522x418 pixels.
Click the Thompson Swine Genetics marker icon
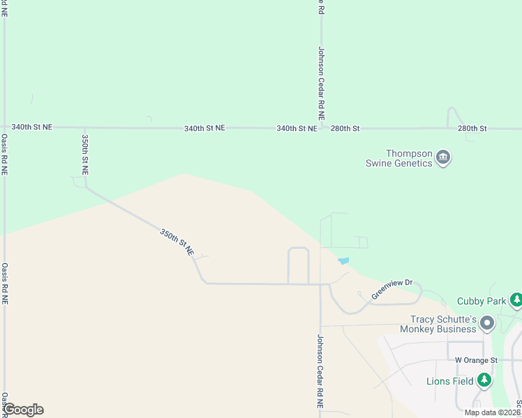click(x=443, y=158)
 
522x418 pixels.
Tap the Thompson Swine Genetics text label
click(x=410, y=158)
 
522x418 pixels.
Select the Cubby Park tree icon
click(x=516, y=300)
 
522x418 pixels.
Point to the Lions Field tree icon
click(x=484, y=380)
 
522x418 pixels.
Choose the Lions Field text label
click(x=450, y=381)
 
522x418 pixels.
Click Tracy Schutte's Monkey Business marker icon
click(x=487, y=323)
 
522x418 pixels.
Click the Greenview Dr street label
click(x=392, y=290)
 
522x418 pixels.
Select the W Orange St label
click(x=475, y=360)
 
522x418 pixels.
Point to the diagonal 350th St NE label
click(x=177, y=242)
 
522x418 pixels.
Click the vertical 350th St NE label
click(x=84, y=155)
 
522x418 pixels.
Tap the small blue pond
click(x=343, y=261)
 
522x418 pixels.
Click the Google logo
click(x=23, y=410)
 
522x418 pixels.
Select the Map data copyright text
click(x=493, y=412)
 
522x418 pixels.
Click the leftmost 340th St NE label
click(x=32, y=127)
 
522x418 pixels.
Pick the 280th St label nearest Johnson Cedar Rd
click(x=345, y=128)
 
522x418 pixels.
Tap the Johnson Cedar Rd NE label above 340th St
click(x=322, y=84)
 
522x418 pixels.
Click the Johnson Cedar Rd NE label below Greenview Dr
click(x=320, y=371)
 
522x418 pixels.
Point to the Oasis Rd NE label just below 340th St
click(x=4, y=155)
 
